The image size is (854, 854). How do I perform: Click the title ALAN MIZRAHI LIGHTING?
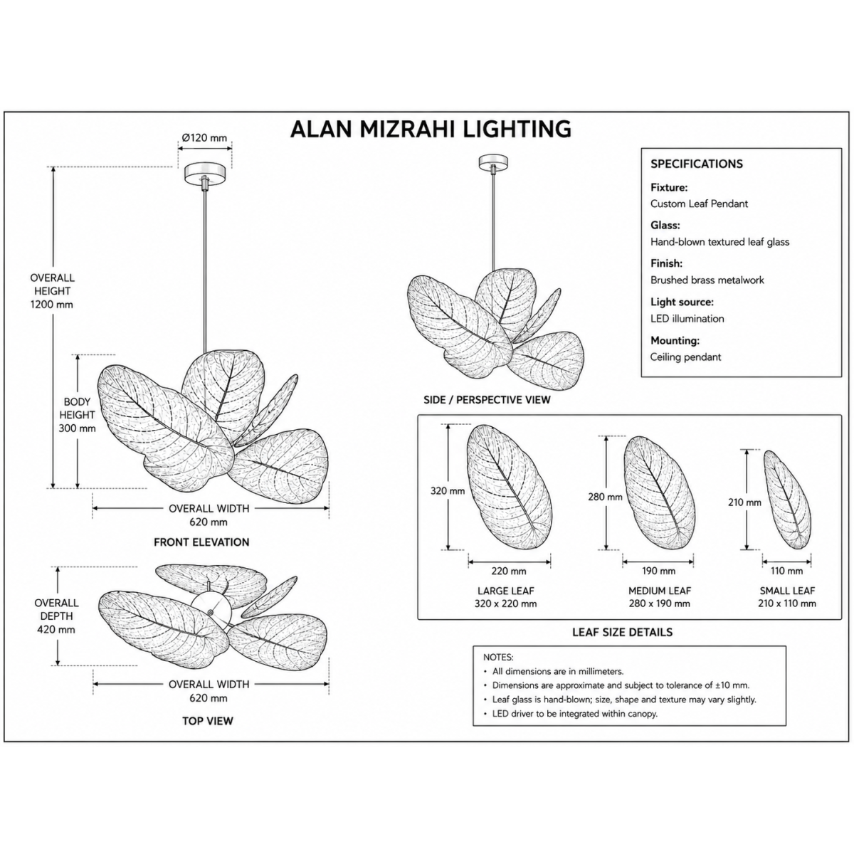(x=431, y=129)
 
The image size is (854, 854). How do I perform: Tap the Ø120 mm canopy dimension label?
(x=204, y=138)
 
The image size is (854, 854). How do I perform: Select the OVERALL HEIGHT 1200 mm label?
(x=52, y=291)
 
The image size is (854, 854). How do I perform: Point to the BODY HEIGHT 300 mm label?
(x=77, y=415)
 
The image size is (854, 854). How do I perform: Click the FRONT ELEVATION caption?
(x=201, y=542)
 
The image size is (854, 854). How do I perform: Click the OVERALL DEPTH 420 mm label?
(x=56, y=616)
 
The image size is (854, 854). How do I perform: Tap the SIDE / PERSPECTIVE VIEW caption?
(x=487, y=400)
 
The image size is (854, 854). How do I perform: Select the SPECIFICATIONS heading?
(x=696, y=164)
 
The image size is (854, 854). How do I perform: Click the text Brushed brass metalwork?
(x=707, y=280)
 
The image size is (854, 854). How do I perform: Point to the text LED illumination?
(x=687, y=319)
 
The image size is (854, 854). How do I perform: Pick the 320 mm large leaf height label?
(x=448, y=491)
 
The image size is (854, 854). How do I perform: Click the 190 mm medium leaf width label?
(x=658, y=571)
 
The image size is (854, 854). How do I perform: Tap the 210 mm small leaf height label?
(x=744, y=502)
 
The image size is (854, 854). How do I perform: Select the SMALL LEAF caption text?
(x=787, y=591)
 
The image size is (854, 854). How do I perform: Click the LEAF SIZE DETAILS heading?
(x=622, y=632)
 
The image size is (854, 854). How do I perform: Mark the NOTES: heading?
(x=498, y=658)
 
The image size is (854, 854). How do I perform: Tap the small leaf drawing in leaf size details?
(x=788, y=500)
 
